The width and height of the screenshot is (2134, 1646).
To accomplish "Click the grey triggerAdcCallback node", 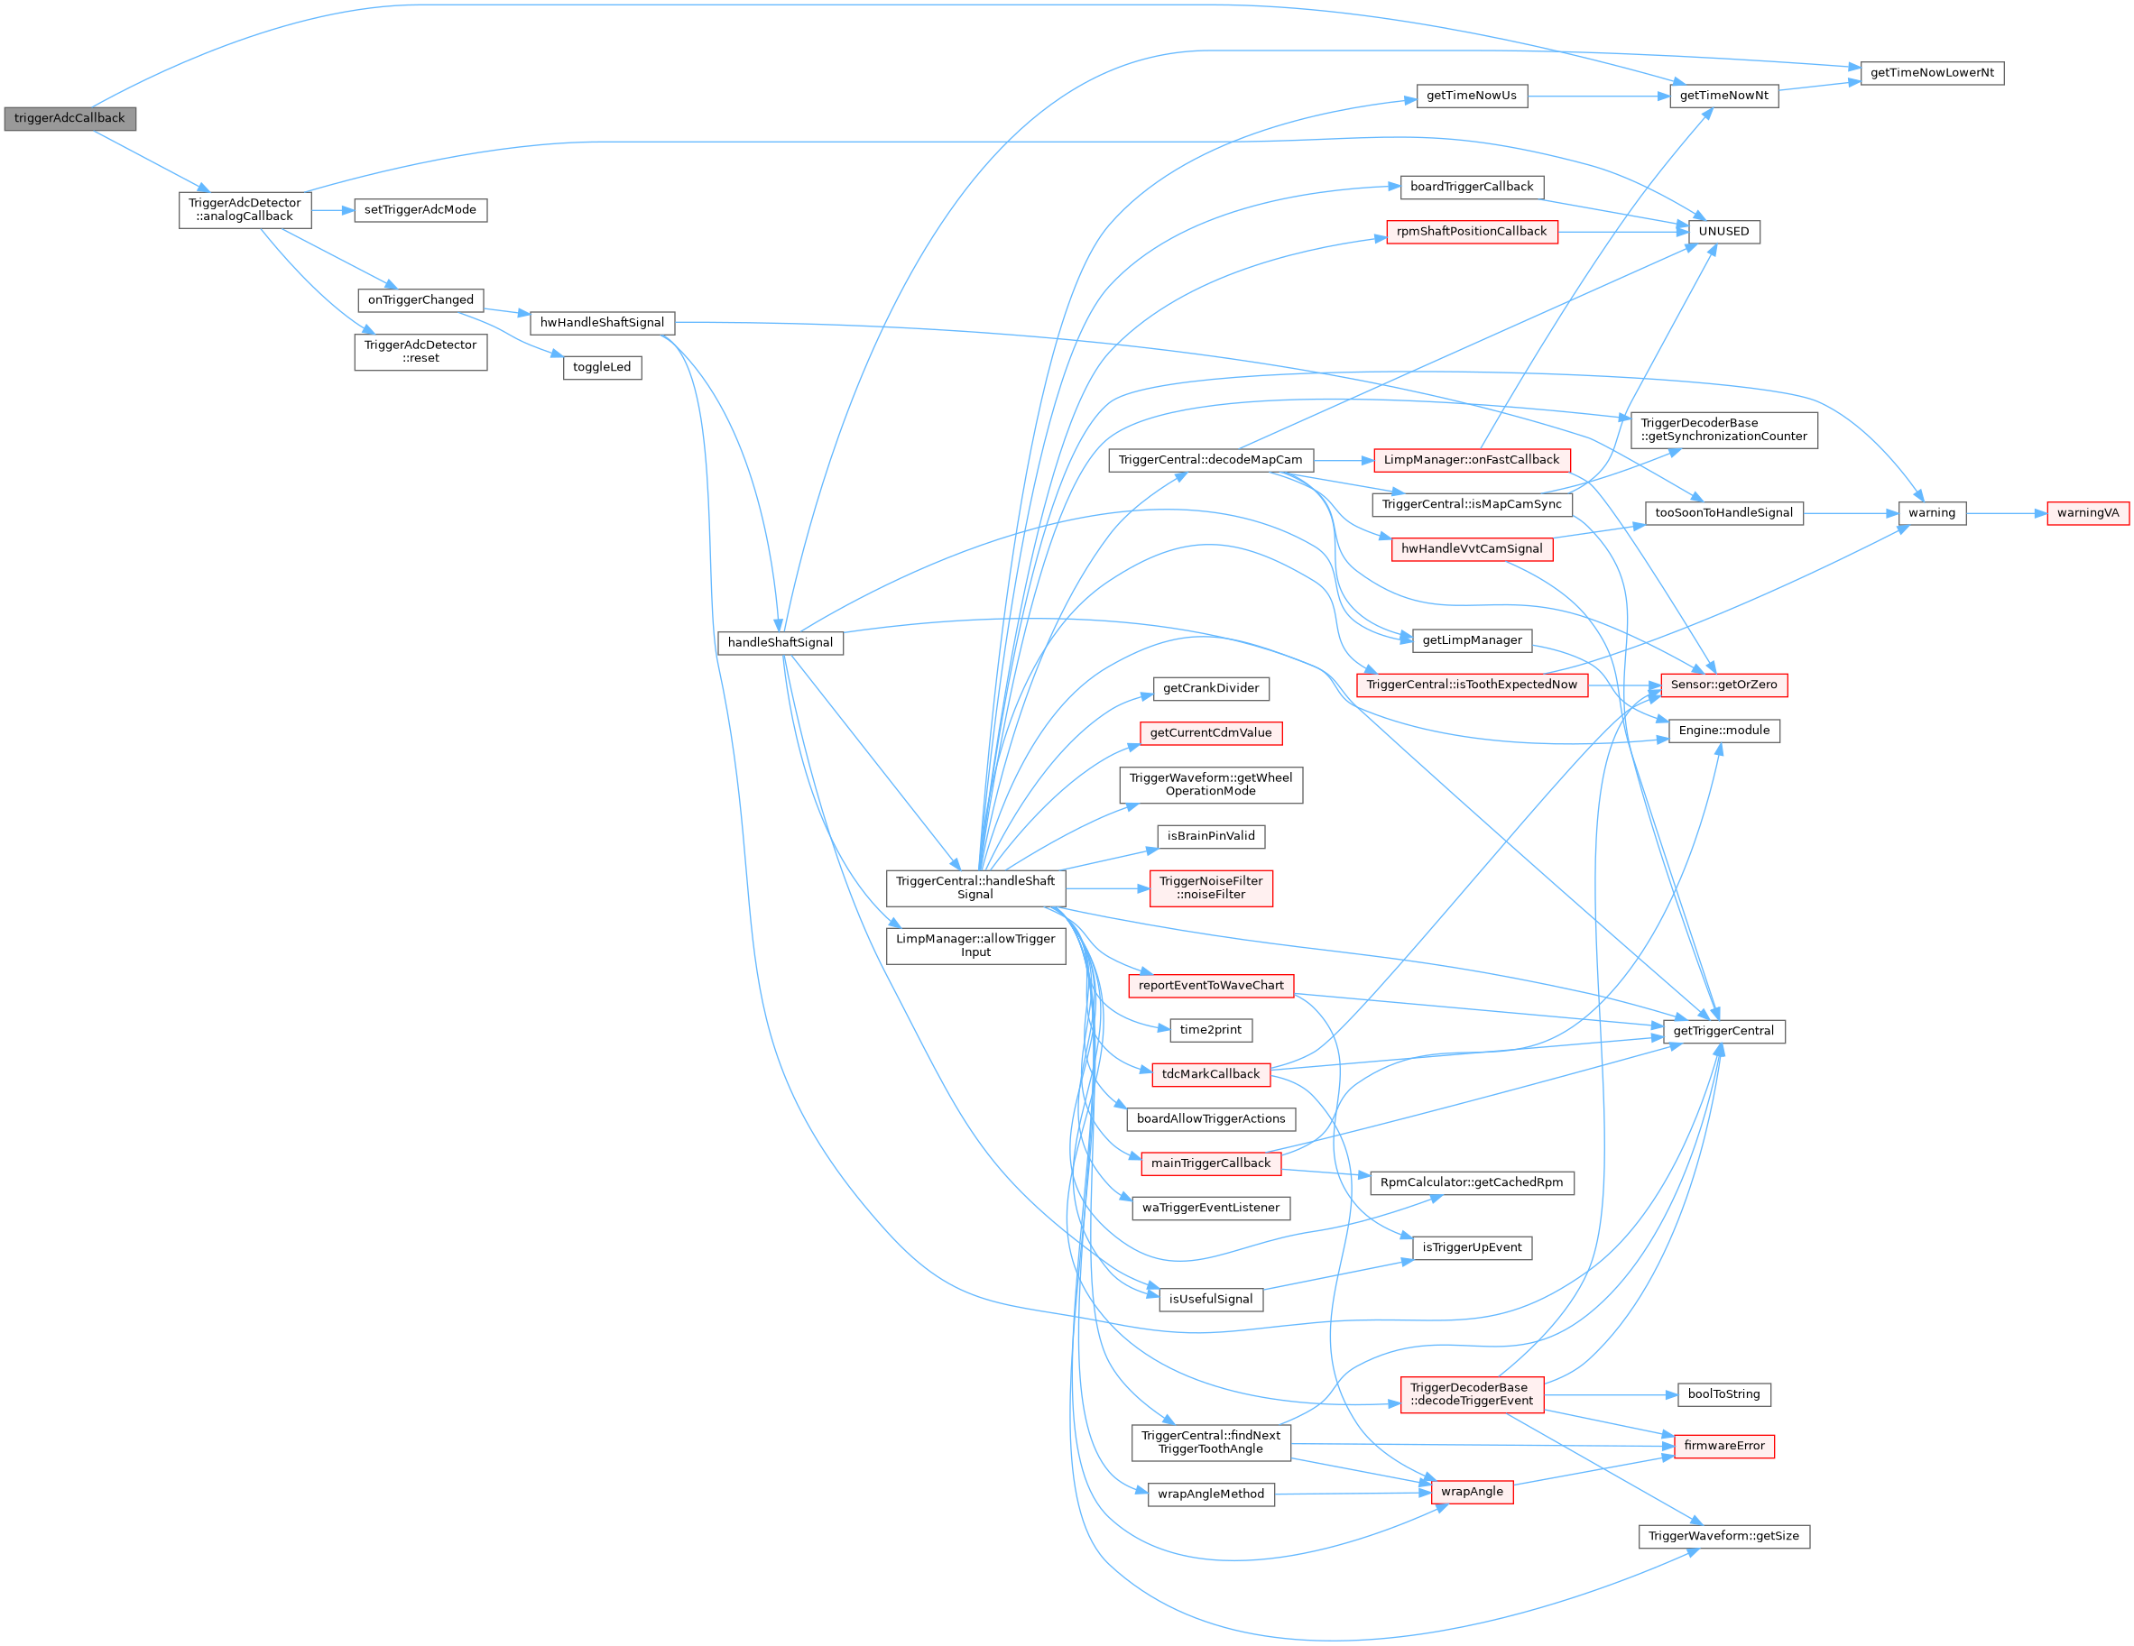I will [69, 118].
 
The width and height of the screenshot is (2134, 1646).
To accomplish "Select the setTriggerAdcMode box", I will [420, 210].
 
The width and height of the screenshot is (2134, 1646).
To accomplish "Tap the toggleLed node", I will [602, 367].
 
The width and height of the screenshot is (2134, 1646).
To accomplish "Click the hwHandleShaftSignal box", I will [602, 322].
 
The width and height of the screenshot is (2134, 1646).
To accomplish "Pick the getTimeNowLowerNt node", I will [1931, 73].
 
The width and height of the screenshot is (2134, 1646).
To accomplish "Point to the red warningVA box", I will [2087, 513].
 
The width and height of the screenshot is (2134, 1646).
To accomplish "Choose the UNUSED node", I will [1723, 232].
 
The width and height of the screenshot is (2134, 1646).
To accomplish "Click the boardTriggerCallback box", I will [1472, 187].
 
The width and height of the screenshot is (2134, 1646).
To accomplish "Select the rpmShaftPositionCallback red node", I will [1472, 232].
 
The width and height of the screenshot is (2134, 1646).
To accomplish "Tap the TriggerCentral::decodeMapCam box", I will [1210, 460].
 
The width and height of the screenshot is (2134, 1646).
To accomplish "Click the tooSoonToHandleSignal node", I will [1723, 513].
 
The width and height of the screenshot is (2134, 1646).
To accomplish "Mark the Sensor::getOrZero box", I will [1723, 685].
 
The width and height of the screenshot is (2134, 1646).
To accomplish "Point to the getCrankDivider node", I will [1211, 689].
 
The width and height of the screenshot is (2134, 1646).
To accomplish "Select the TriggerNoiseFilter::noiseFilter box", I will [1211, 888].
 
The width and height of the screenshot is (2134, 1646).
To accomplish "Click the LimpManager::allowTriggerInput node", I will [975, 945].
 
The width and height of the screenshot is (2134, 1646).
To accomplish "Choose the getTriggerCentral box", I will [1723, 1031].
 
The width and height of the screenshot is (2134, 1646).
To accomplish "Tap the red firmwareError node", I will [1723, 1446].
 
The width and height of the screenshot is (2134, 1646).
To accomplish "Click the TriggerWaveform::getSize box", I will [1723, 1536].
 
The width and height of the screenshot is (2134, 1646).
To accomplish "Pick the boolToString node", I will [1723, 1394].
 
